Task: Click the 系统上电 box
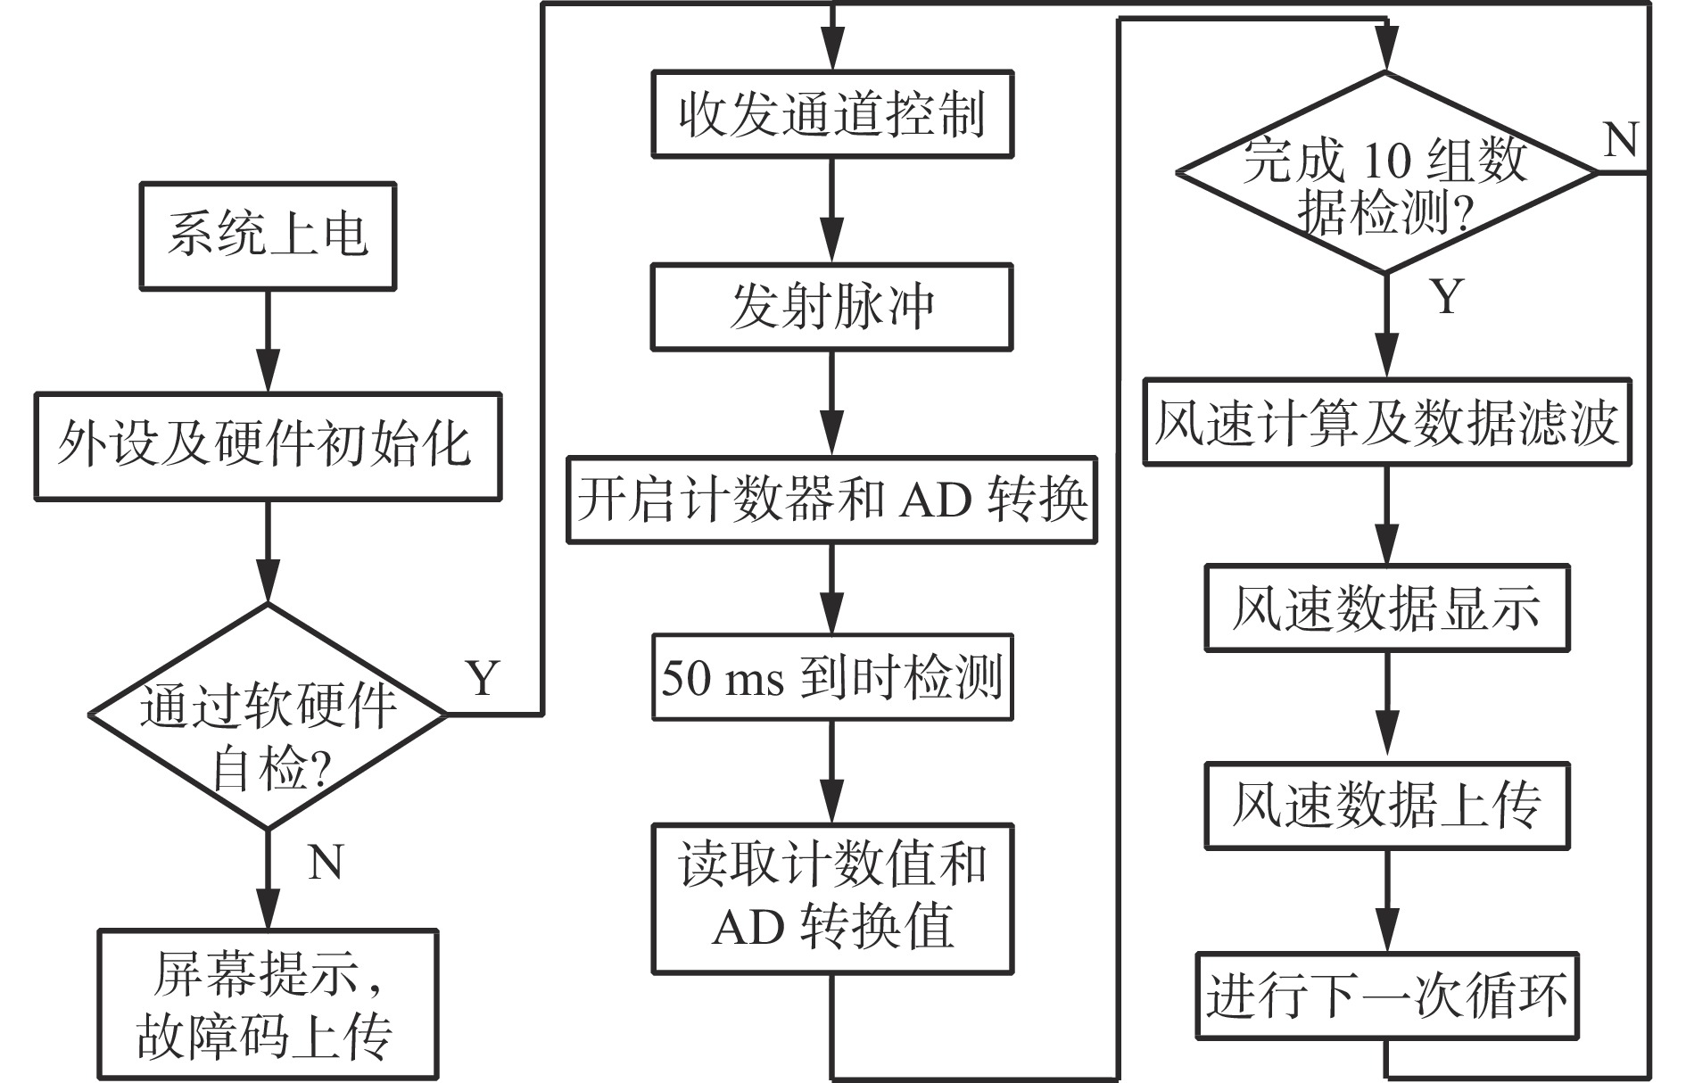268,236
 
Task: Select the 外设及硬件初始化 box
268,446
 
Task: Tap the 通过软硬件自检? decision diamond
268,715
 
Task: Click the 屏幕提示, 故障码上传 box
268,1004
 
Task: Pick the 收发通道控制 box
831,114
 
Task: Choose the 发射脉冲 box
831,307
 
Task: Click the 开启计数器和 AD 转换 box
831,500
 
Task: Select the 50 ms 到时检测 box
831,677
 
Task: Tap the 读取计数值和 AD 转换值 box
831,897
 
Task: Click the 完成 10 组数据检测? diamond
1385,173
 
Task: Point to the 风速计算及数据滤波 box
1386,423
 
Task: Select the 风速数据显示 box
1386,608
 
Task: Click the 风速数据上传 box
1386,805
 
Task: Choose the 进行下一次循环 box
1386,996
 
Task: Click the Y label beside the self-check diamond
483,678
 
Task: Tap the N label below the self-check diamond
325,862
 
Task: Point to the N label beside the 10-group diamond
1620,140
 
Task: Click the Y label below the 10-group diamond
1447,296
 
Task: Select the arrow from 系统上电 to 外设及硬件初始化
268,341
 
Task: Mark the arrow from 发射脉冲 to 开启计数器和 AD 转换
831,403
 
